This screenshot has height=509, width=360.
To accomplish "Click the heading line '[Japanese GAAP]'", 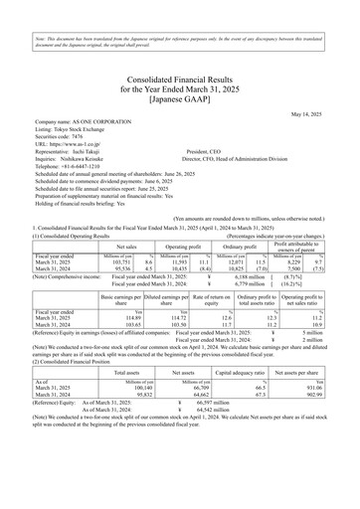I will tap(180, 71).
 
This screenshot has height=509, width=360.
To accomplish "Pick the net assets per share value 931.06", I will tap(330, 389).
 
